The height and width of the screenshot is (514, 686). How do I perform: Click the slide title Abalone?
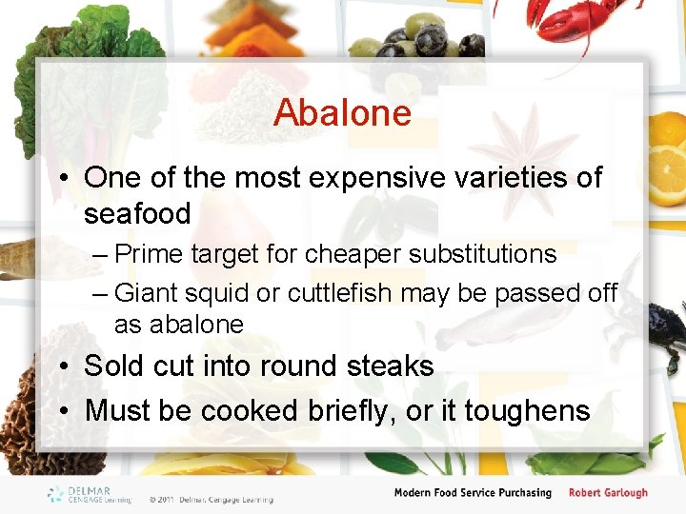(342, 113)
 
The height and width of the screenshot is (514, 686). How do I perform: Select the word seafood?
(137, 213)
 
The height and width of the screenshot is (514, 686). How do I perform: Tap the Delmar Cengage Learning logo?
(89, 494)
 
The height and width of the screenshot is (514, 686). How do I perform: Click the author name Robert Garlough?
(608, 493)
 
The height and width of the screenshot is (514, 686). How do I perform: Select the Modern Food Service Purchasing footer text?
(473, 493)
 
